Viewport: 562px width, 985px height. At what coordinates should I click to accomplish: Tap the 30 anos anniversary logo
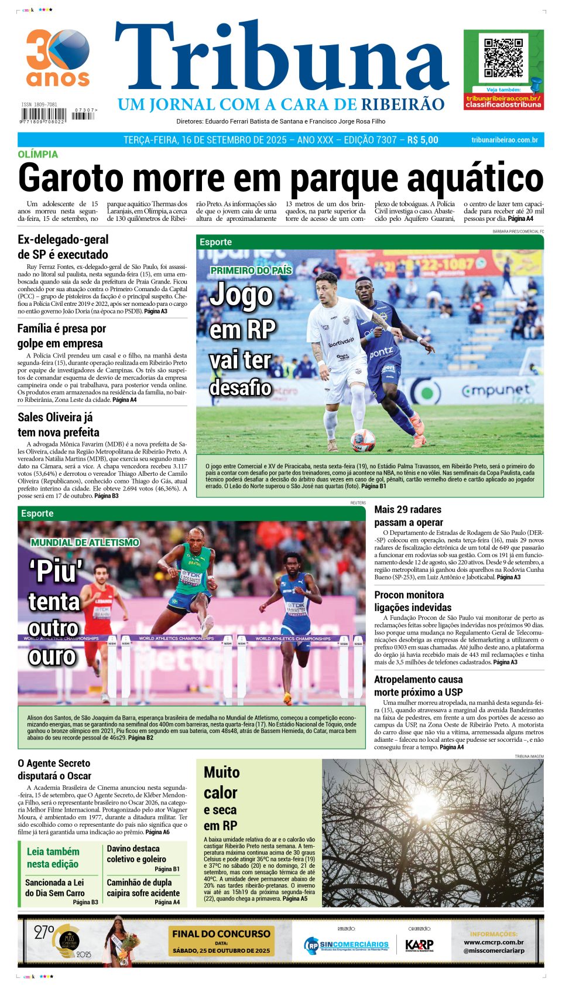57,57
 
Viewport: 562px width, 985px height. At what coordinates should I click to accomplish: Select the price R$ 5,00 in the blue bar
422,140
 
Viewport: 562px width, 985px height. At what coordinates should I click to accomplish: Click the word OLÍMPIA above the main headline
38,154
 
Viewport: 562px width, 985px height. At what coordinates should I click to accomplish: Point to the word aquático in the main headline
475,178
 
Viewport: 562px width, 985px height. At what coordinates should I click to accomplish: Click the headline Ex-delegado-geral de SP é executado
63,247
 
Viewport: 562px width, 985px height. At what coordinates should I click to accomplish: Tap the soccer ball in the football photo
363,439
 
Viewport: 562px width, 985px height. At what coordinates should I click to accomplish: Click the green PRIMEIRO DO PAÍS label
251,270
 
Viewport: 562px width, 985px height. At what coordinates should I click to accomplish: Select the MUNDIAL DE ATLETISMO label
85,543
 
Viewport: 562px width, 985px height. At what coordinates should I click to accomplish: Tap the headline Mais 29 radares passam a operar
409,516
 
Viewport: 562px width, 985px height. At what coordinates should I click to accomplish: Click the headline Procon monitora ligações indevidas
413,601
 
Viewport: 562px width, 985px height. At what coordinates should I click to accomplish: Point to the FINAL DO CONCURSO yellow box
221,940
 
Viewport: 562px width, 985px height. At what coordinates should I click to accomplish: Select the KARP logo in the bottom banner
419,945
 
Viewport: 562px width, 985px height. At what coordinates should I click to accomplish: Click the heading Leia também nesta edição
53,857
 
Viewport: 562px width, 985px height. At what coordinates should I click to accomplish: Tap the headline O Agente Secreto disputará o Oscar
54,769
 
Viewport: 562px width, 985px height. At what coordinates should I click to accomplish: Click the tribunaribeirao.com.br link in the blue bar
504,140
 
